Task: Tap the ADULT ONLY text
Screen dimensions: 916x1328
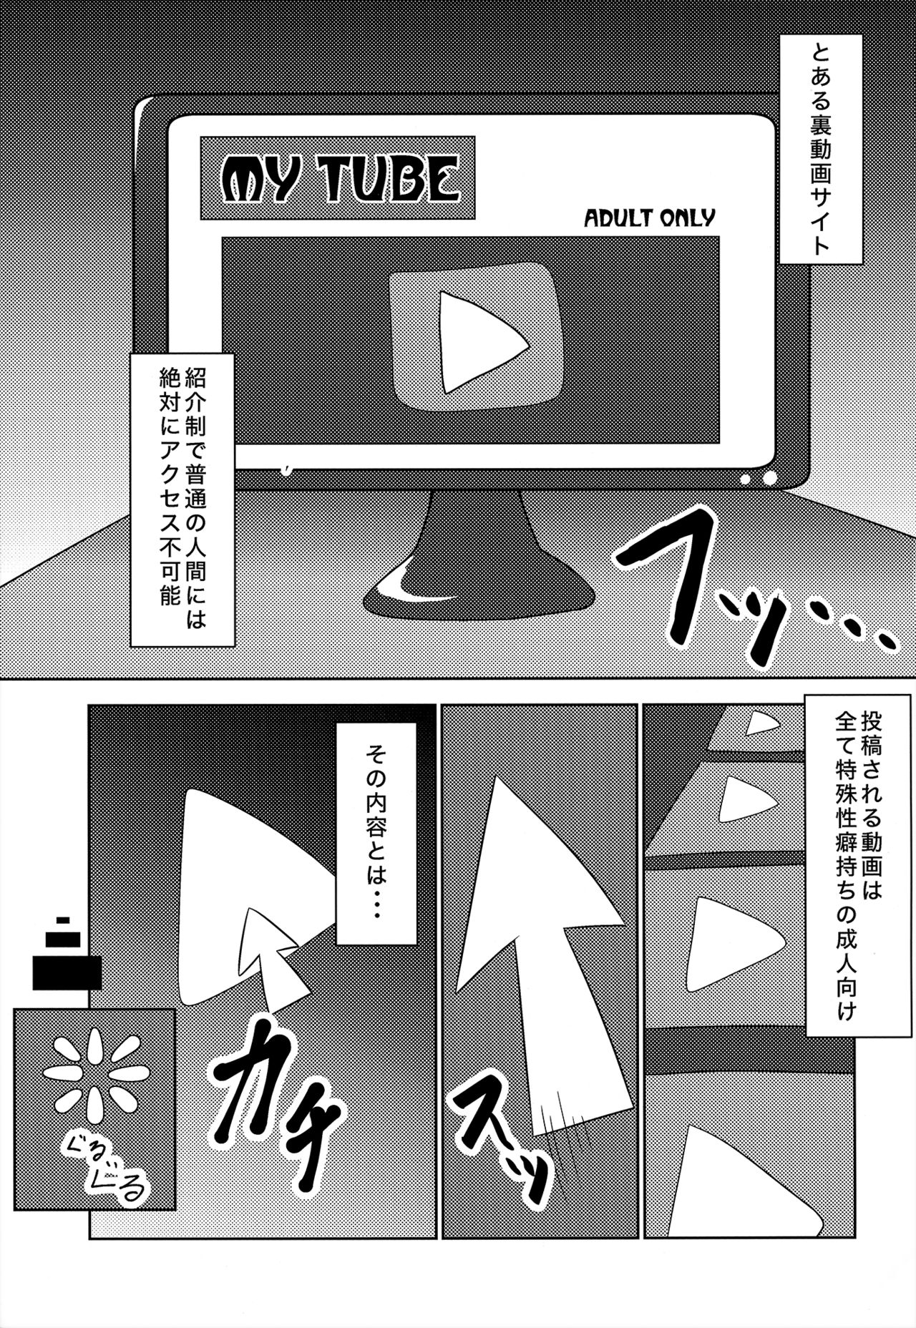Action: [x=649, y=216]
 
